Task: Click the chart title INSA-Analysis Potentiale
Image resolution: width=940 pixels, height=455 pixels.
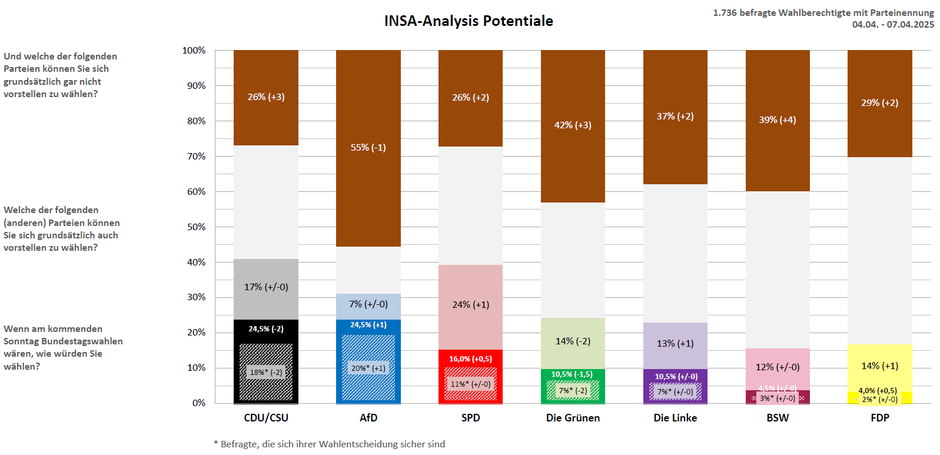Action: coord(469,21)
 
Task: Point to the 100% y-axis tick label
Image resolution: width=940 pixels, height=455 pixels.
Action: coord(194,51)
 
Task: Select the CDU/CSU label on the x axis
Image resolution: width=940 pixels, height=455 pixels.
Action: coord(266,418)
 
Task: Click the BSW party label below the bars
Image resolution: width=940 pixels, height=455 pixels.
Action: coord(778,418)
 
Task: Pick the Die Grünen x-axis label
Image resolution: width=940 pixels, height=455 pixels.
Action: coord(573,418)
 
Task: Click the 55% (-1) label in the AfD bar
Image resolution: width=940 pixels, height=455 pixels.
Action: coord(368,148)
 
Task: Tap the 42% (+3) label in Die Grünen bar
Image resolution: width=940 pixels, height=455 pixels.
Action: coord(573,125)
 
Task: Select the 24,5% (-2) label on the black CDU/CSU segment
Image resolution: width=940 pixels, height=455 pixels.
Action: coord(266,329)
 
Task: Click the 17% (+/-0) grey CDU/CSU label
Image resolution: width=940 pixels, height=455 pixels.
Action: coord(266,287)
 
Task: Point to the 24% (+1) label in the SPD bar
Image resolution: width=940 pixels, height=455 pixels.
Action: coord(471,305)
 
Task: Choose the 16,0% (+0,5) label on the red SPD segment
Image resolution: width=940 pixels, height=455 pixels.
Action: coord(471,359)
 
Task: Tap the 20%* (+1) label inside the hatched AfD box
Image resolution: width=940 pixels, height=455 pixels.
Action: coord(368,368)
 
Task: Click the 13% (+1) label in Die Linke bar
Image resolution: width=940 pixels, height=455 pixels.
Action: coord(675,344)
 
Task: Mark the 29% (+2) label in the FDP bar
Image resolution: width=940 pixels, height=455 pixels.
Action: coord(880,103)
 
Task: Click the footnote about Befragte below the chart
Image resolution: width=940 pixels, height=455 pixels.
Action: coord(330,444)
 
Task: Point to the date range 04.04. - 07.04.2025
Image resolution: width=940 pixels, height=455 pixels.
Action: coord(893,25)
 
